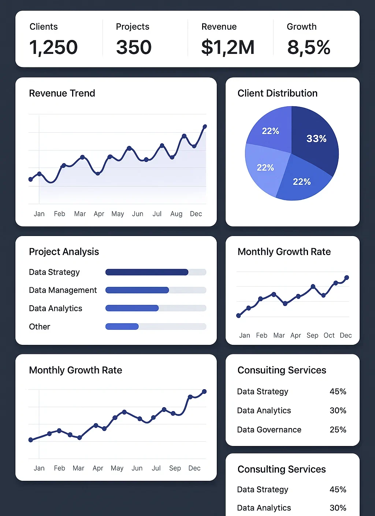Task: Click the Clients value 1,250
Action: [x=53, y=47]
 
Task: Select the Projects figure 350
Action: [x=134, y=47]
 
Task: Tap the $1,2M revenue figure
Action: [x=227, y=47]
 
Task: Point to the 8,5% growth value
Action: [x=309, y=47]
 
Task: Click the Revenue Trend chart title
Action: [x=62, y=93]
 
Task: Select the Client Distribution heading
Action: [x=277, y=93]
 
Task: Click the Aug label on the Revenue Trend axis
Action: [x=176, y=214]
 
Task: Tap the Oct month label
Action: [x=329, y=335]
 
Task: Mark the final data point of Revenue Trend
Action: [x=205, y=126]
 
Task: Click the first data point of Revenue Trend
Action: [x=30, y=179]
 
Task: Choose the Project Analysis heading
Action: [x=64, y=252]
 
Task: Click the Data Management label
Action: [x=63, y=290]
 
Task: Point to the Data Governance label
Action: [x=269, y=430]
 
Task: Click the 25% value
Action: [x=338, y=430]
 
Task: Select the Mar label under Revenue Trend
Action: [x=80, y=214]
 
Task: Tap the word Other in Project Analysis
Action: [x=40, y=327]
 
